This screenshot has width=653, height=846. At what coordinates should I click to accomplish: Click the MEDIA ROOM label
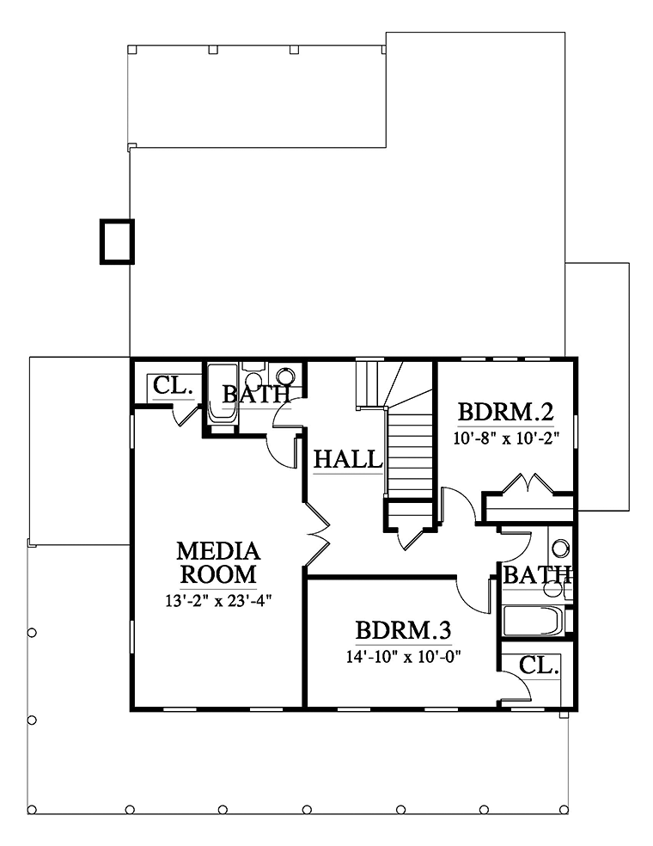coord(218,563)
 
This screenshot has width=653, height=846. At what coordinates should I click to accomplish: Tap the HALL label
coord(348,460)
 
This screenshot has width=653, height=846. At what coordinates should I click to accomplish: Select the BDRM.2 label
coord(506,412)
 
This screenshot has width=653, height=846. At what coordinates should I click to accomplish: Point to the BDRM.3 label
coord(403,630)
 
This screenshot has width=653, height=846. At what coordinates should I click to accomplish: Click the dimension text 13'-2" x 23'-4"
coord(218,600)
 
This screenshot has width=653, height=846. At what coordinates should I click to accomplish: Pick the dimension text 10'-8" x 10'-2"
coord(506,438)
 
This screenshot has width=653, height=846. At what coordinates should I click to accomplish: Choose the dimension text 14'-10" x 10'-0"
coord(404,657)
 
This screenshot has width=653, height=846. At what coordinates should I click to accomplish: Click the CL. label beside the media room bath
coord(173,386)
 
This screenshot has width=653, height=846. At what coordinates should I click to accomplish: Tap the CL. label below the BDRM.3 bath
coord(539,665)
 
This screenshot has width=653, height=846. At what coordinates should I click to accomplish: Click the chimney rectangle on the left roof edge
coord(117,242)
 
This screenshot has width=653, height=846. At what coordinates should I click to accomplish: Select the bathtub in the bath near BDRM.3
coord(532,621)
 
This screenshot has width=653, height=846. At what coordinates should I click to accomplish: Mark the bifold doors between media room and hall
coord(318,534)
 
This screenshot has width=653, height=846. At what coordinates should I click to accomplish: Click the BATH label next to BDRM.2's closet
coord(537,575)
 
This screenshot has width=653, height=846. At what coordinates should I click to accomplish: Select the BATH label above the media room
coord(257,395)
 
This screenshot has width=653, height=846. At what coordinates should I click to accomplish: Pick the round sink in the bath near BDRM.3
coord(561,549)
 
